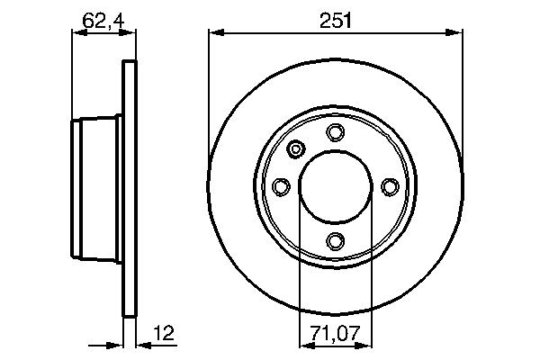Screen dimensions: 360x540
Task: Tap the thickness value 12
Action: pos(163,335)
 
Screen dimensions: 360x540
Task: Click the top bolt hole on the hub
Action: pos(336,133)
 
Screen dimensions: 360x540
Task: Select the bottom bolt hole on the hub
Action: pos(336,240)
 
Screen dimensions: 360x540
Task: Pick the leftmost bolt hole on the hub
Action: pos(282,186)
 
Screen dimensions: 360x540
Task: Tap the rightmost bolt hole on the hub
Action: pos(390,186)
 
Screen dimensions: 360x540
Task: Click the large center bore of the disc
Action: pos(336,186)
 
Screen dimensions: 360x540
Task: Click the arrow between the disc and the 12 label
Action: pos(144,343)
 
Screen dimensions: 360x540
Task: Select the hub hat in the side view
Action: pos(96,186)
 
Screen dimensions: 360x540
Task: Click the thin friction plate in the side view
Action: pos(129,186)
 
